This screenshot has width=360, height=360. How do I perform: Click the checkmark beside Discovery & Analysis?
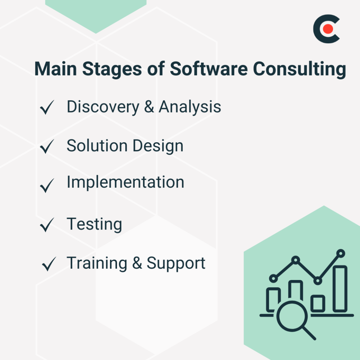click(x=47, y=108)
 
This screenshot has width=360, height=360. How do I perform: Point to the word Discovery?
click(x=102, y=107)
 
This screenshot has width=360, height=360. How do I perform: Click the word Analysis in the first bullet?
click(x=190, y=107)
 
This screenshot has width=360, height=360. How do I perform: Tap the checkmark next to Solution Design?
click(x=47, y=146)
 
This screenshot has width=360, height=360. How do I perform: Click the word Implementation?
click(x=125, y=182)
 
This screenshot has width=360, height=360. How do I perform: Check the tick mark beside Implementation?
click(x=47, y=186)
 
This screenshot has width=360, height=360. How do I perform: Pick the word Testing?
click(x=94, y=224)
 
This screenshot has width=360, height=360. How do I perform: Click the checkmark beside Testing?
click(x=47, y=225)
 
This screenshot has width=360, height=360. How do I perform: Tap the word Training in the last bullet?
click(x=97, y=263)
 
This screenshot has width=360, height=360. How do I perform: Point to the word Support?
click(x=176, y=263)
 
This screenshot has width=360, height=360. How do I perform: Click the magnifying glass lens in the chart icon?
click(x=289, y=317)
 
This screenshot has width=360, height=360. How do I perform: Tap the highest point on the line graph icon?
click(x=341, y=253)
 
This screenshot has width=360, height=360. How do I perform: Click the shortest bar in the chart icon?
click(x=317, y=303)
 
